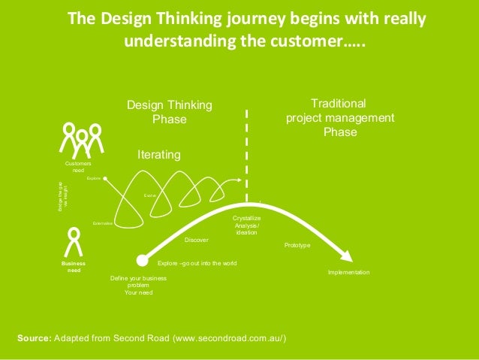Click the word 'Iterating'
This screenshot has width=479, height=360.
tap(158, 154)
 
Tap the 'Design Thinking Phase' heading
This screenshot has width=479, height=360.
tap(169, 112)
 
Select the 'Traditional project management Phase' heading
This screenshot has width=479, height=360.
tap(339, 117)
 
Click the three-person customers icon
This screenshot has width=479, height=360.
tap(81, 139)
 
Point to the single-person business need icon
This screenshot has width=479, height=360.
tap(74, 241)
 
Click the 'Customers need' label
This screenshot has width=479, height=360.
tap(79, 167)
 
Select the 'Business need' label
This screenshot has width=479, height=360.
tap(74, 268)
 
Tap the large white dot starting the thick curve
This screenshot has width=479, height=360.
tap(141, 261)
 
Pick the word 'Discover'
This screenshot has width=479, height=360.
tap(197, 240)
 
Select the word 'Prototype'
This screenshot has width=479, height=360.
tap(297, 246)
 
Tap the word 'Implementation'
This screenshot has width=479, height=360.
tap(348, 271)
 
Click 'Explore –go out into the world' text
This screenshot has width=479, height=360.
tap(197, 264)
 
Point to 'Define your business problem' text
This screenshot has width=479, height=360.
tap(138, 282)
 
